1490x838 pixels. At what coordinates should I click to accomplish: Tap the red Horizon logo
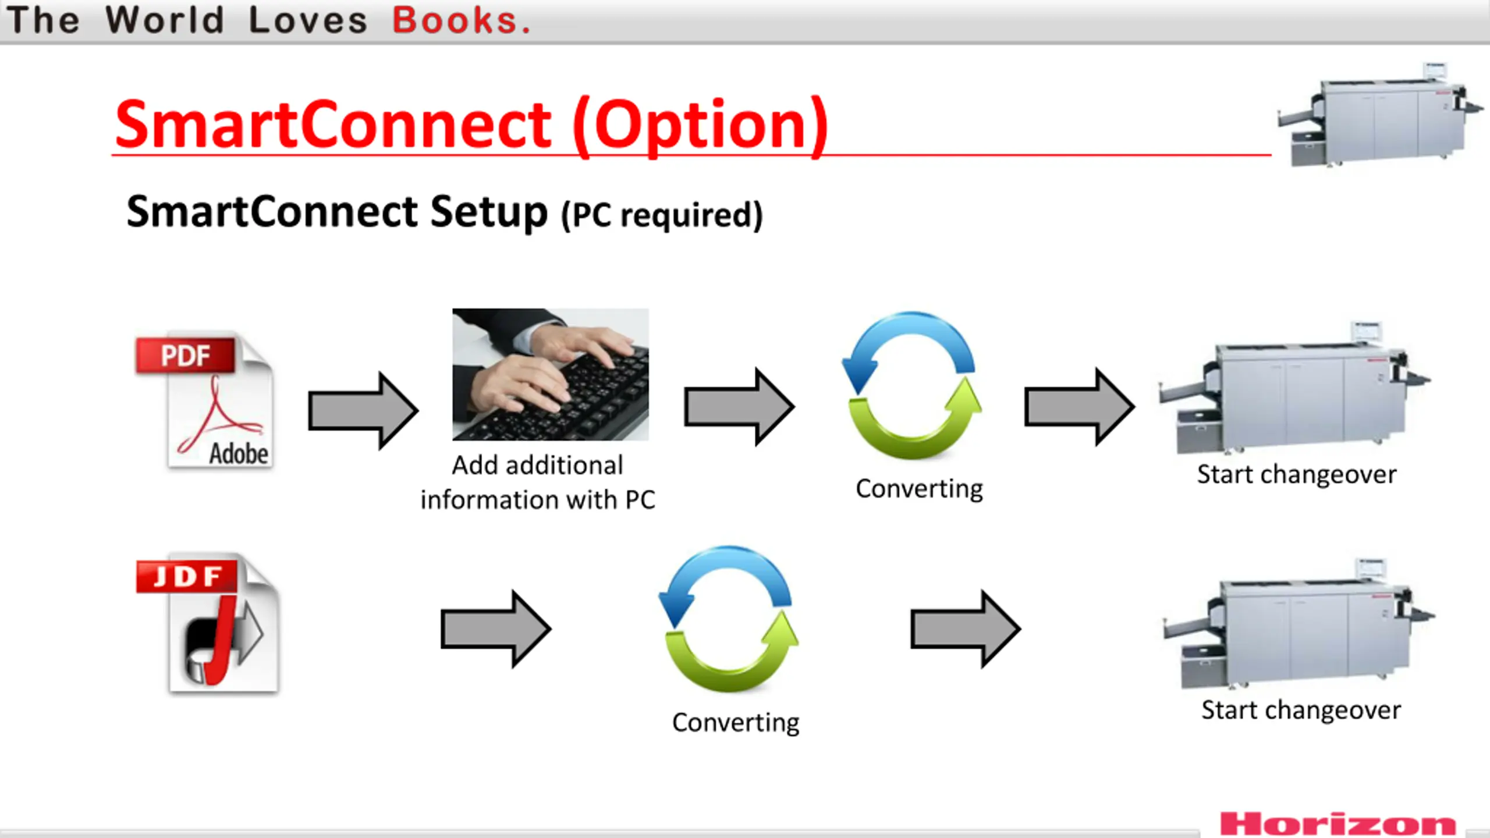pos(1338,824)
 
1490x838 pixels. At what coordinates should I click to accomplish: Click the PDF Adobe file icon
pos(205,402)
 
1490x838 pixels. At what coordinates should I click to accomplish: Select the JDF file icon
pos(208,623)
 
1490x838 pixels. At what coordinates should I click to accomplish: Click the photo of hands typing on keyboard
pos(550,374)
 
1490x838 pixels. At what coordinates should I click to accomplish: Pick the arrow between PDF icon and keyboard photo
pos(363,410)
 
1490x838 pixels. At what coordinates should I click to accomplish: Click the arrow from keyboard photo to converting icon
pos(739,407)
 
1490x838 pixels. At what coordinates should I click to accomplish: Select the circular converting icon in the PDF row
pos(912,386)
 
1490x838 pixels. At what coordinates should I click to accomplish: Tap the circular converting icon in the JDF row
pos(728,619)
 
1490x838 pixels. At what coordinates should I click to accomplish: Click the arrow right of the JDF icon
pos(495,628)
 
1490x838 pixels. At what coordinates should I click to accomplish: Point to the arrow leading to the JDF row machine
pos(965,628)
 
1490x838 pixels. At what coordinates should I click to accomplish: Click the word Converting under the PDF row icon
pos(919,489)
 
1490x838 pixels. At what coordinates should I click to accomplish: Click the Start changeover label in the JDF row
pos(1301,710)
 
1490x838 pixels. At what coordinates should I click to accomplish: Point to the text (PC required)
pos(662,215)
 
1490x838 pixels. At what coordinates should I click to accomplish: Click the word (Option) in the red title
pos(700,125)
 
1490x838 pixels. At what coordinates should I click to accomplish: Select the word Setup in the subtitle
pos(488,212)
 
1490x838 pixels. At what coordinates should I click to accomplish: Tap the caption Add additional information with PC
pos(538,482)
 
